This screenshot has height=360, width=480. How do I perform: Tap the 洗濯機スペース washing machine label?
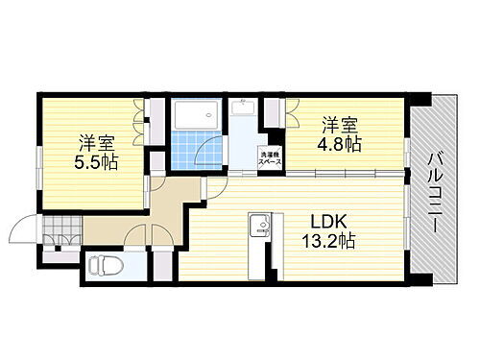(x=269, y=158)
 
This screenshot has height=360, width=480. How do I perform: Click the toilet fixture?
(x=101, y=264)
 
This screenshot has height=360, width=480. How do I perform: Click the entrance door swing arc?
(x=23, y=230)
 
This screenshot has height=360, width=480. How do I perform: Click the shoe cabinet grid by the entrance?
(x=58, y=231)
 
